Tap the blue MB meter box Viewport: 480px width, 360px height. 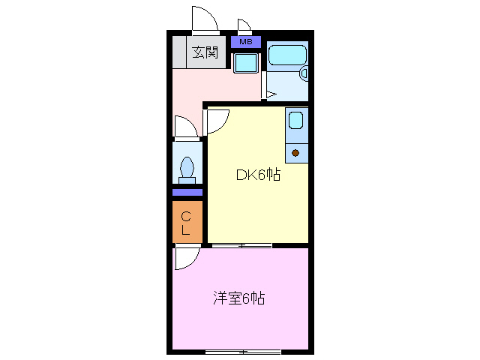(x=246, y=42)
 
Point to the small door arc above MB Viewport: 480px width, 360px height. (x=244, y=25)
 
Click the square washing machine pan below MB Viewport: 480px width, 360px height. (x=246, y=63)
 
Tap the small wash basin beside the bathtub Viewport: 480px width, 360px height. (x=304, y=73)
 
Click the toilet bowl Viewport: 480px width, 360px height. (x=187, y=168)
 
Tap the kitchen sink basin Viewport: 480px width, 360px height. (x=295, y=119)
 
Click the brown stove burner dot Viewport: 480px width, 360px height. (x=295, y=153)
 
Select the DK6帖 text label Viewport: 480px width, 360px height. (x=258, y=176)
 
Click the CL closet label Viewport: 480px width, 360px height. (x=186, y=223)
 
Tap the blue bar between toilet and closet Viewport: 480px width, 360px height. (x=187, y=193)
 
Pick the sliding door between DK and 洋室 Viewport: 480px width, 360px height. (x=241, y=245)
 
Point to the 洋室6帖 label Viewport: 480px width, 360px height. (x=238, y=298)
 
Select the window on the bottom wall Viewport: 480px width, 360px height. (x=242, y=351)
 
